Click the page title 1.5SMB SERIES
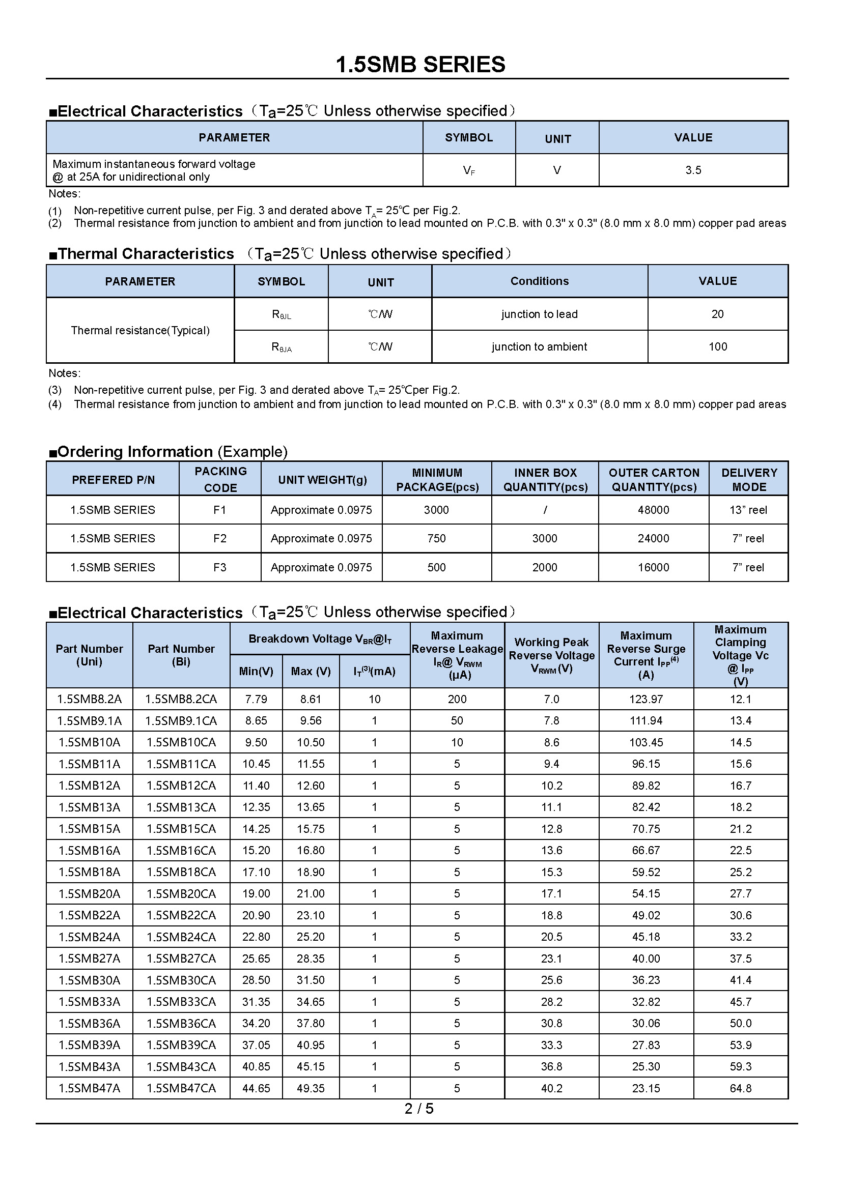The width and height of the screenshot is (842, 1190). [x=420, y=65]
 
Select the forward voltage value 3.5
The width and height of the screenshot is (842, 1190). [x=693, y=170]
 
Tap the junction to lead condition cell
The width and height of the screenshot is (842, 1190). [x=539, y=314]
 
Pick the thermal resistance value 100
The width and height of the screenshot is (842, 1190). [x=718, y=347]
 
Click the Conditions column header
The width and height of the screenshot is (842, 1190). [x=539, y=281]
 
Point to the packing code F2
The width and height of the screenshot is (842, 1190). [x=220, y=538]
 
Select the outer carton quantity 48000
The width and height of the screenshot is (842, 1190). [x=653, y=510]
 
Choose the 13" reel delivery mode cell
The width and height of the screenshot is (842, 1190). [x=748, y=510]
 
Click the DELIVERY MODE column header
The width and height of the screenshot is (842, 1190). [x=749, y=479]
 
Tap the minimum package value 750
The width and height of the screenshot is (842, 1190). [x=437, y=538]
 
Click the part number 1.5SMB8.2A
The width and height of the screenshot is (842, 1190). [x=89, y=699]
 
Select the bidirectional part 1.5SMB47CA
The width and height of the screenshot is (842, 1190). [x=181, y=1088]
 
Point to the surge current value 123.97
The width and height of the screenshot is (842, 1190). [x=646, y=699]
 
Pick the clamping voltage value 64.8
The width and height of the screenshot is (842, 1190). [x=740, y=1088]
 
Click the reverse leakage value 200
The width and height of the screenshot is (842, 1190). [x=457, y=699]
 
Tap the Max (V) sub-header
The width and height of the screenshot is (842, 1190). [x=311, y=671]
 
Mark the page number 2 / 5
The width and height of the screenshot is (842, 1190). [x=419, y=1109]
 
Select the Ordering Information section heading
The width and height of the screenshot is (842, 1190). [x=168, y=451]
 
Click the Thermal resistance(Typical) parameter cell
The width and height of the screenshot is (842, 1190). [x=140, y=330]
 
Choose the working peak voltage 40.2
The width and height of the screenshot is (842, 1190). [x=552, y=1088]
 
